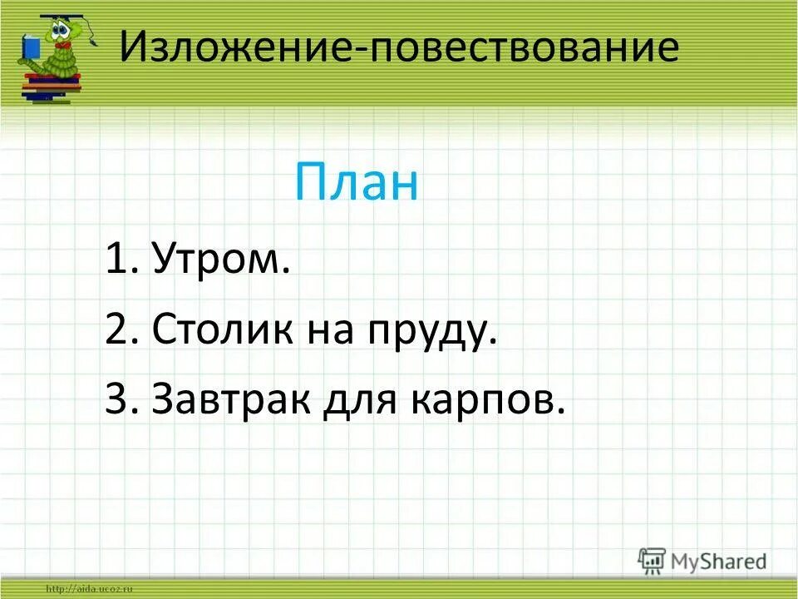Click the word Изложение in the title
pyautogui.click(x=237, y=48)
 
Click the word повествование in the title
pyautogui.click(x=522, y=48)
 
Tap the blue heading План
pyautogui.click(x=357, y=184)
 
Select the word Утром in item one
pyautogui.click(x=223, y=261)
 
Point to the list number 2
pyautogui.click(x=116, y=331)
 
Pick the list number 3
pyautogui.click(x=116, y=401)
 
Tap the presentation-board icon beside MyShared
pyautogui.click(x=653, y=561)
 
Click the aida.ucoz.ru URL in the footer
pyautogui.click(x=91, y=589)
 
